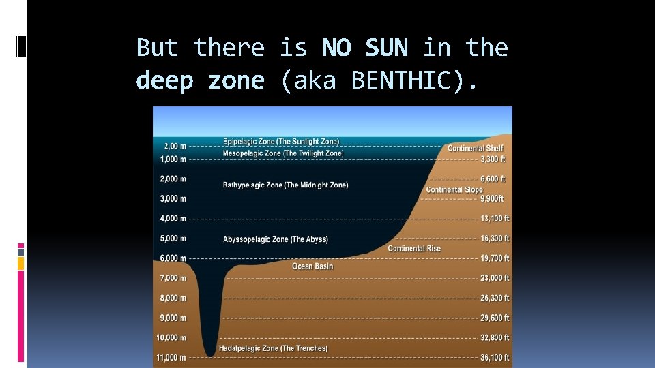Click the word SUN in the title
[386, 48]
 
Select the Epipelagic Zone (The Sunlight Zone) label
[280, 142]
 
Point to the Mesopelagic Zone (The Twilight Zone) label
[282, 153]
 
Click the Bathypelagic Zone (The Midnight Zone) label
[285, 185]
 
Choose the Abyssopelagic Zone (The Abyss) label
[275, 239]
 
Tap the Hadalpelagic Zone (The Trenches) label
[273, 348]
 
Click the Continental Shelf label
[475, 148]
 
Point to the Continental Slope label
[454, 189]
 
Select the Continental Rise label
[414, 249]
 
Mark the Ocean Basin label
[312, 266]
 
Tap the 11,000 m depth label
[171, 357]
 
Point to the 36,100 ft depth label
[495, 357]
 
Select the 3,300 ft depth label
[493, 159]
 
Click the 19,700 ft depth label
[495, 258]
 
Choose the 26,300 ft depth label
[495, 298]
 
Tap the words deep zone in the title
[200, 80]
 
